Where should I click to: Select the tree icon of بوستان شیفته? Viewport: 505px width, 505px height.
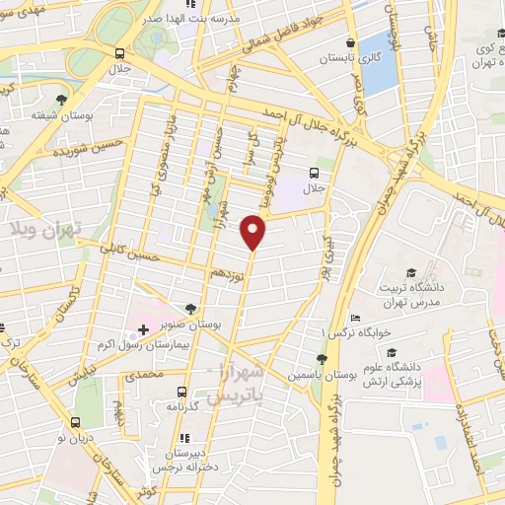click(x=62, y=101)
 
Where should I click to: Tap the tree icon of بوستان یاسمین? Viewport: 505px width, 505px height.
click(x=321, y=359)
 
